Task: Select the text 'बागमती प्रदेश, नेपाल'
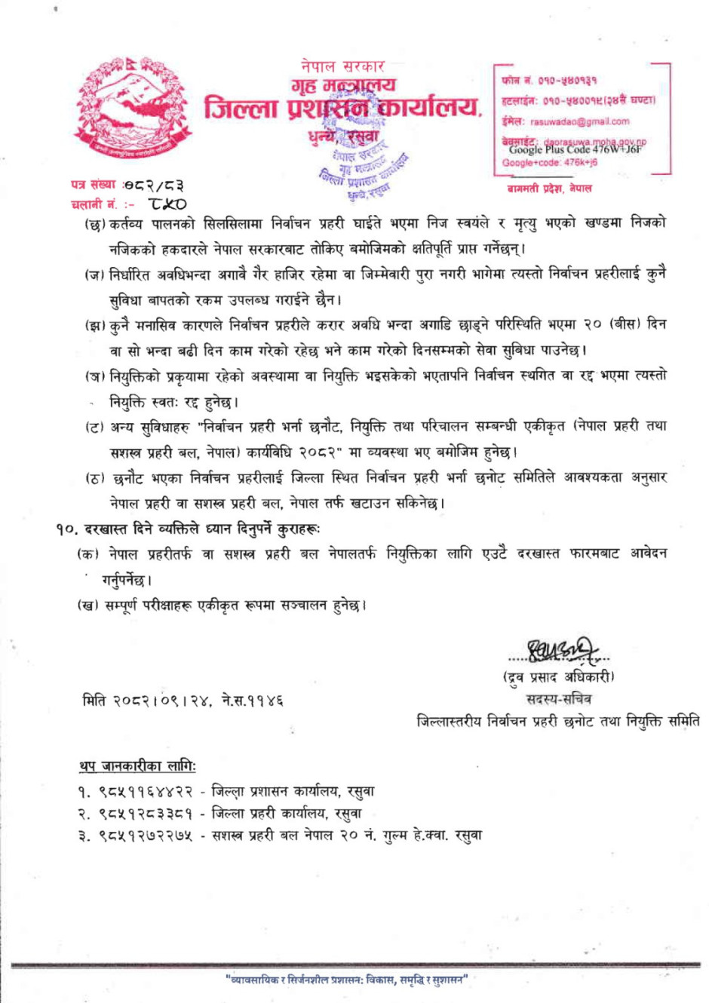pyautogui.click(x=549, y=189)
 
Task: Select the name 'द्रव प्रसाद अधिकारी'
pyautogui.click(x=559, y=676)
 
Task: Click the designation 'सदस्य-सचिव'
pyautogui.click(x=559, y=698)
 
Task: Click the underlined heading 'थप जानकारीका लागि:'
pyautogui.click(x=137, y=767)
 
